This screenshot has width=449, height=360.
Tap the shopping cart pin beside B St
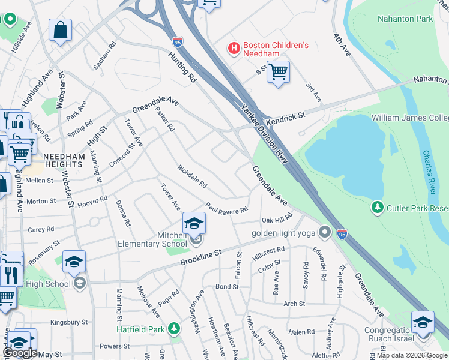pyautogui.click(x=278, y=73)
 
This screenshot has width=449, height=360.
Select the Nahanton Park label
pyautogui.click(x=405, y=19)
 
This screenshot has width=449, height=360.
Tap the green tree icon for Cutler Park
pyautogui.click(x=378, y=208)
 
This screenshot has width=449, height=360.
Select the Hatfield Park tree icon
pyautogui.click(x=174, y=328)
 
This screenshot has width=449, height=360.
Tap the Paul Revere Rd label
pyautogui.click(x=226, y=208)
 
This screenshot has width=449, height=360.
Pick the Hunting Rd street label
pyautogui.click(x=182, y=66)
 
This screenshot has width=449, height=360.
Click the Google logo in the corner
pyautogui.click(x=20, y=353)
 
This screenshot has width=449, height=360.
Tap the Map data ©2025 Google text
pyautogui.click(x=412, y=355)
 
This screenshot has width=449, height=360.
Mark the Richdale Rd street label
pyautogui.click(x=191, y=176)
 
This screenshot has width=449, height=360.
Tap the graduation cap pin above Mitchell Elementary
pyautogui.click(x=194, y=223)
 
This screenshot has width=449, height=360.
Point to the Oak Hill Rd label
pyautogui.click(x=276, y=218)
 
